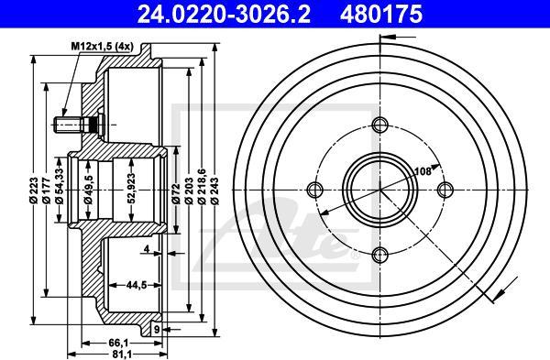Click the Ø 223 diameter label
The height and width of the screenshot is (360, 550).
pos(33,188)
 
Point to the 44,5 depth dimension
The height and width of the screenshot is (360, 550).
pos(138,285)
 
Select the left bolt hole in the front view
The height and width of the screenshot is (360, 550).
pos(317,189)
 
